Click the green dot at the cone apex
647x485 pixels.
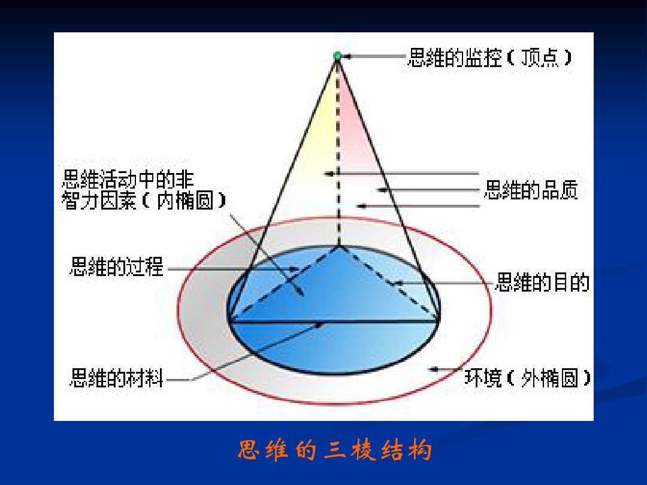point(337,56)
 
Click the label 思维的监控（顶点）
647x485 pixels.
point(489,57)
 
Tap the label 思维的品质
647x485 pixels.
point(531,190)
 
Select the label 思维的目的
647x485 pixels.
point(542,283)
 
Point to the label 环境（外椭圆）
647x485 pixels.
point(527,378)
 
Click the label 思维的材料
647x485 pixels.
point(117,378)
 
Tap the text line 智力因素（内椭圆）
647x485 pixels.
point(144,201)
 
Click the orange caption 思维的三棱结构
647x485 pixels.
point(335,450)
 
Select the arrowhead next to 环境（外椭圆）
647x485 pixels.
point(433,369)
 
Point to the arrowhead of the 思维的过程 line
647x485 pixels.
point(294,269)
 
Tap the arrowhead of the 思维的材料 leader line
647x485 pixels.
point(319,325)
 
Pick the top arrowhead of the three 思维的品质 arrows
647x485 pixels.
point(329,174)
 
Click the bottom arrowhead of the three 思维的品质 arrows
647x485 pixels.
point(362,206)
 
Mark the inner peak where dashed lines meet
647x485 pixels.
point(338,247)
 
